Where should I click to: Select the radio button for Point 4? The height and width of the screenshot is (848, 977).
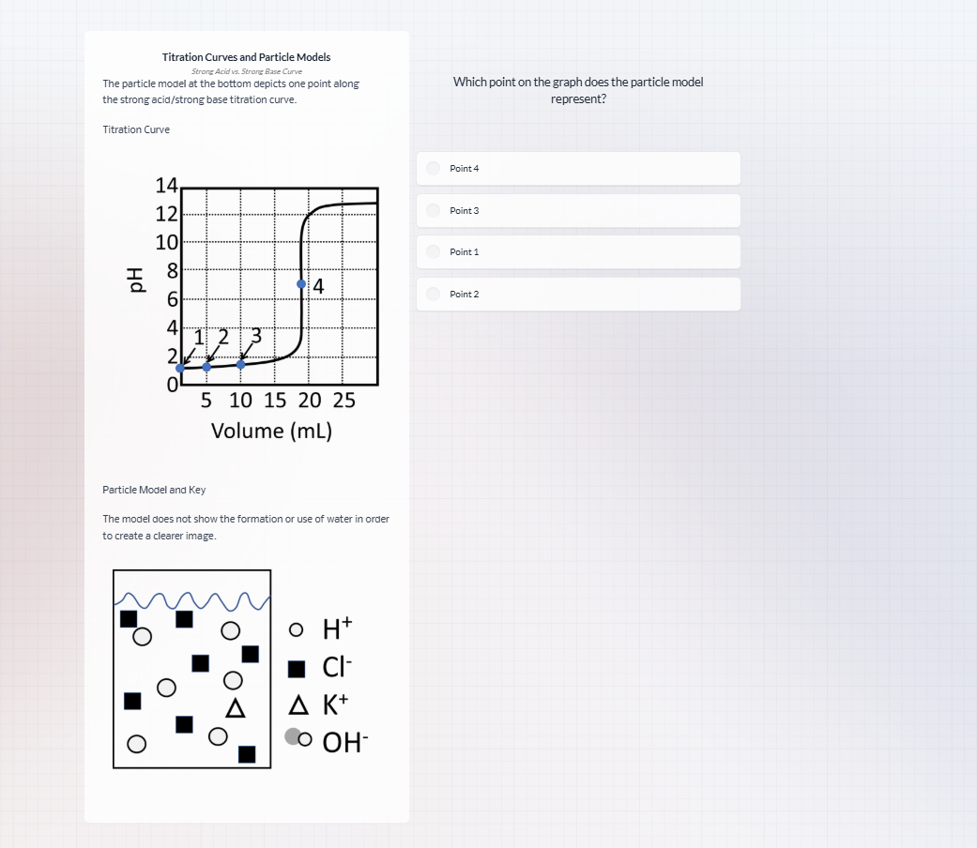(x=433, y=168)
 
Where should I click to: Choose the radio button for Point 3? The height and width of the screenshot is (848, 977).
(x=433, y=210)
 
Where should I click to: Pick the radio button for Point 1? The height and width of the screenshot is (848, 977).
(x=433, y=251)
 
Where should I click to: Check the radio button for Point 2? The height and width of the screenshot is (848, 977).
(x=433, y=294)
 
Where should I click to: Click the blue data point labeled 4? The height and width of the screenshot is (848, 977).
(x=301, y=283)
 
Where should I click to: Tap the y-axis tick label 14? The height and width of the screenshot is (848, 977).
(x=167, y=185)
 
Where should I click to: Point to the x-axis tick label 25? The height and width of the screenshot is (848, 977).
(x=343, y=401)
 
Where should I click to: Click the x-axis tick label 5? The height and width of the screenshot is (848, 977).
(x=206, y=401)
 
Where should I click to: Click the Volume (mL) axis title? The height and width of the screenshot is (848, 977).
(x=271, y=431)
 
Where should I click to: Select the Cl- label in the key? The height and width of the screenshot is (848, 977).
(x=336, y=668)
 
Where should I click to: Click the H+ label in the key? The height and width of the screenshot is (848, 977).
(x=336, y=628)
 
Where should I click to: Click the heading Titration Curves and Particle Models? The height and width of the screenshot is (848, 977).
(x=246, y=57)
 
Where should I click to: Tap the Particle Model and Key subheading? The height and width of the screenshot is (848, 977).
(x=154, y=490)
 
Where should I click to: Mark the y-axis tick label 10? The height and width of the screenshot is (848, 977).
(x=167, y=243)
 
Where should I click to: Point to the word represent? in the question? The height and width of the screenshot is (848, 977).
(x=578, y=98)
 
